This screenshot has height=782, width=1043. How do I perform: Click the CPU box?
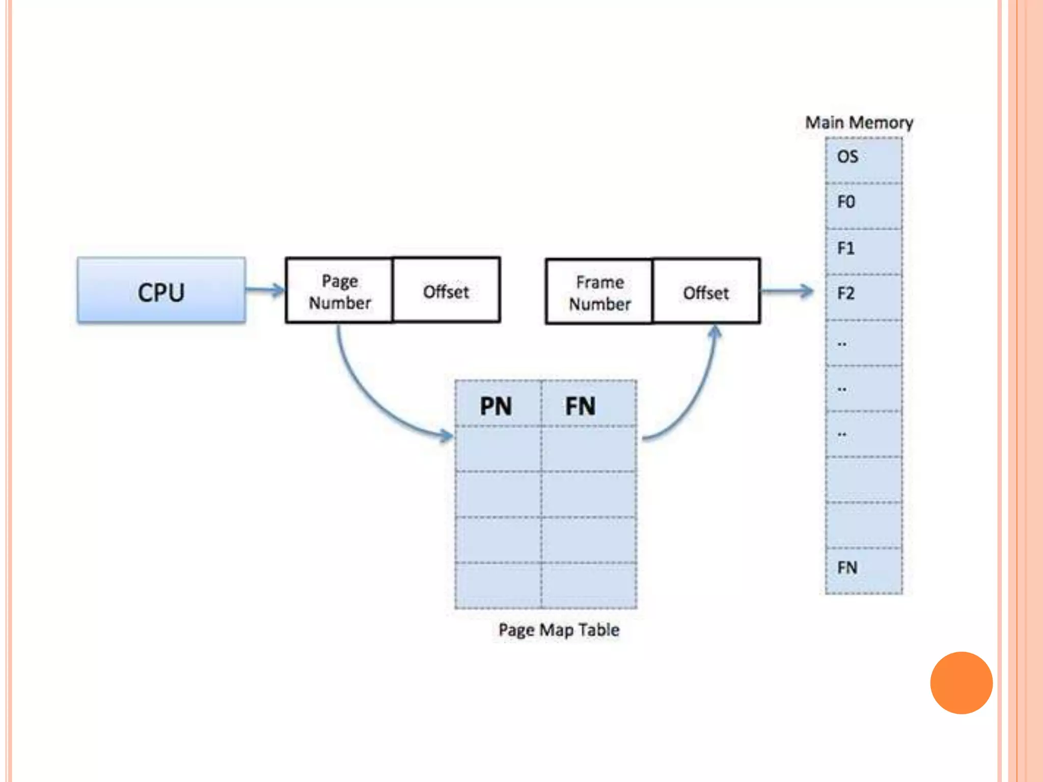coord(161,290)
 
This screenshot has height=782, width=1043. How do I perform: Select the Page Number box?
coord(340,291)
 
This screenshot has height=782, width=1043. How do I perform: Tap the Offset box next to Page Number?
coord(447,291)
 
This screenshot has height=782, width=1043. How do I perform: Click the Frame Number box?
coord(599,292)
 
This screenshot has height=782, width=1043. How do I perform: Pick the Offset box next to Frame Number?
coord(706,292)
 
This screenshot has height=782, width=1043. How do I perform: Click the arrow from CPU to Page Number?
coord(265,290)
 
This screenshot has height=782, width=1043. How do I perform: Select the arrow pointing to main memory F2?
coord(787,291)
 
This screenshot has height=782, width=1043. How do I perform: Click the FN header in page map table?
coord(581,405)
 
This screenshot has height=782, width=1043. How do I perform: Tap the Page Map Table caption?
coord(559,630)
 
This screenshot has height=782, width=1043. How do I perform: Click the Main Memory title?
coord(859,123)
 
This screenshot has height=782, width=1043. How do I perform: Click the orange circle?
coord(961,683)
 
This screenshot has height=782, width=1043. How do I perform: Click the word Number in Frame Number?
coord(599,304)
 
